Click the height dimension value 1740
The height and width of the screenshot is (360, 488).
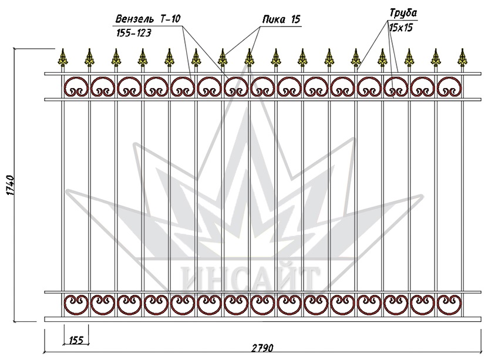point(10,185)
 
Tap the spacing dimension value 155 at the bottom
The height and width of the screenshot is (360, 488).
point(76,340)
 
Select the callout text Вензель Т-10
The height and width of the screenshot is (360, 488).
point(147,19)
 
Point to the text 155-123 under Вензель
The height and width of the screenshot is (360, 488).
point(134,33)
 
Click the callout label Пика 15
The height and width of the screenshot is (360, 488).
point(281,20)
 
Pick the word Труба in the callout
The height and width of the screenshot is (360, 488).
point(403,14)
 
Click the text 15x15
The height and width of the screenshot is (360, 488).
point(401,28)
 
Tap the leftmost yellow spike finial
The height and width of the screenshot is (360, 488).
point(63,58)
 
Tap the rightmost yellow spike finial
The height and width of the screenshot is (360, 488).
point(463,58)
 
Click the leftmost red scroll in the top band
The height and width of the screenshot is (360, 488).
point(76,87)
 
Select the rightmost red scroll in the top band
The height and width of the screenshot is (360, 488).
point(449,87)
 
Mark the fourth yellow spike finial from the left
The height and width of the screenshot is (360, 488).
point(143,58)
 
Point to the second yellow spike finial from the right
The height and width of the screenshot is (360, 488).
point(436,58)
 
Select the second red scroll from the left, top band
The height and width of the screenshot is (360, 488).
point(103,87)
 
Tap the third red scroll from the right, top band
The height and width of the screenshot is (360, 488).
point(396,87)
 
